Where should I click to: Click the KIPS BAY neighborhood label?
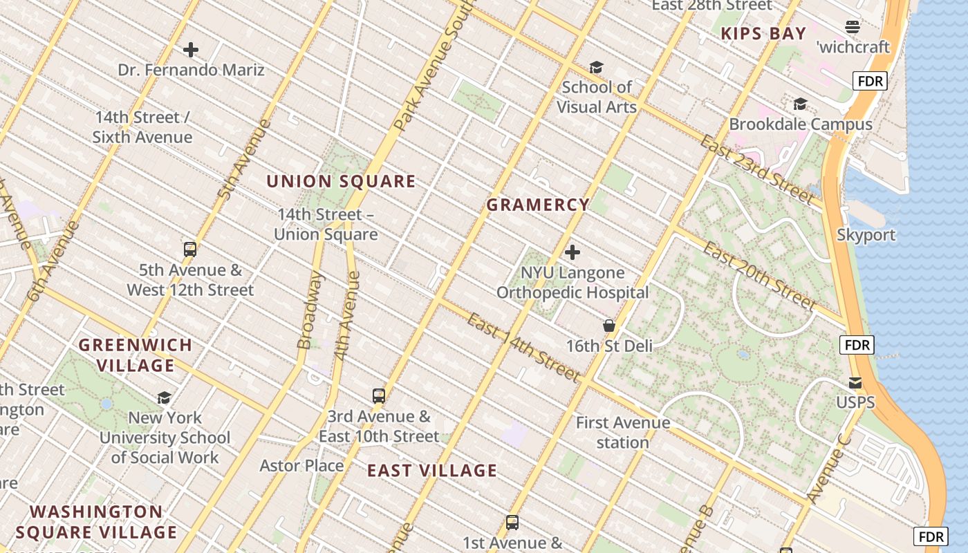click(763, 33)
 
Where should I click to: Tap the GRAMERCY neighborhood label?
click(538, 205)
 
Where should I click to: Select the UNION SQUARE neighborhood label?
click(341, 181)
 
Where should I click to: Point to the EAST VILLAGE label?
click(432, 471)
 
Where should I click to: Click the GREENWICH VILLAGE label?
click(136, 355)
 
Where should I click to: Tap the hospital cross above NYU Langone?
click(573, 252)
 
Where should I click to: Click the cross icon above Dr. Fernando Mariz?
click(191, 50)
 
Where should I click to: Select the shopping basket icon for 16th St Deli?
click(609, 325)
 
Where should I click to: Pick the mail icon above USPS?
click(855, 382)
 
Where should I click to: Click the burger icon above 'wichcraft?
click(853, 27)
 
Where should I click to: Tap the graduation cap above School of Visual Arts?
click(596, 67)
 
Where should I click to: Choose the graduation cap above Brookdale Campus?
click(800, 104)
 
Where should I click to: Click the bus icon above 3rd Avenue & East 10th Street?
click(379, 396)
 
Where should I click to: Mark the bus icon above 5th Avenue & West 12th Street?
click(190, 250)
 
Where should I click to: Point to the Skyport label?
click(866, 234)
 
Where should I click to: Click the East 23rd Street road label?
click(756, 169)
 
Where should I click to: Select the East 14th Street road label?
click(523, 347)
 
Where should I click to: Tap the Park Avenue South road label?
click(432, 69)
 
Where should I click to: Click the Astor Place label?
click(301, 465)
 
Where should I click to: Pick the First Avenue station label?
click(623, 432)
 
